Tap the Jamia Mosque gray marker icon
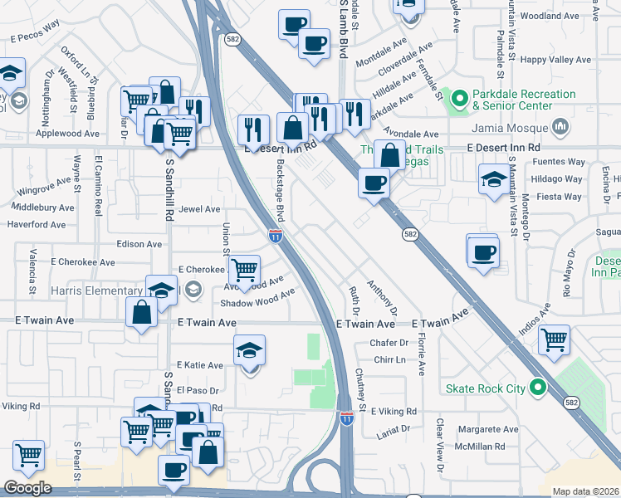click(x=561, y=127)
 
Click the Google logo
click(x=27, y=488)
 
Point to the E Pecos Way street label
click(x=36, y=37)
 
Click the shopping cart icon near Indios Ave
click(x=553, y=339)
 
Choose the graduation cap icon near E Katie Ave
click(x=249, y=350)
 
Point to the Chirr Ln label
click(x=389, y=359)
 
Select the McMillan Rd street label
click(x=482, y=446)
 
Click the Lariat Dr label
click(x=394, y=428)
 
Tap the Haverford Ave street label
click(x=36, y=224)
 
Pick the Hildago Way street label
click(x=556, y=179)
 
